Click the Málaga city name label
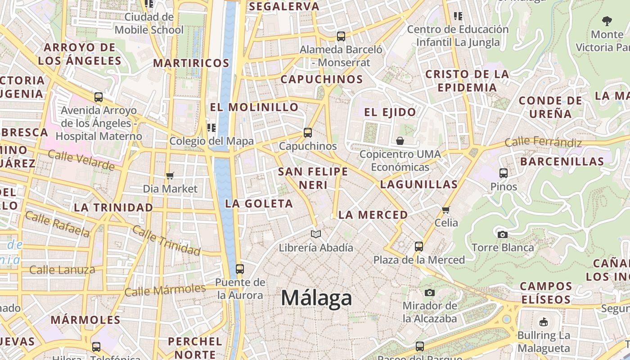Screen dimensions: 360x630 click(316, 298)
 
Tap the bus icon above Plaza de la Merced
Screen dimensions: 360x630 click(419, 246)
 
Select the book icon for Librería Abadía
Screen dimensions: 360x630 click(316, 234)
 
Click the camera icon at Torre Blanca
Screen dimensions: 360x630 click(503, 234)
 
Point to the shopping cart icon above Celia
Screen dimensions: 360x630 click(446, 209)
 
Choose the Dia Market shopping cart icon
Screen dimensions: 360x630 click(170, 175)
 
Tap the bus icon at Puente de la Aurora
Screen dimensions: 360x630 click(240, 269)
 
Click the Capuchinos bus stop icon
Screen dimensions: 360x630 click(308, 133)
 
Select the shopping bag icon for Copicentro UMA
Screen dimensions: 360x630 click(400, 141)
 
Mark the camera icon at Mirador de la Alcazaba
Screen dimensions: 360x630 click(430, 292)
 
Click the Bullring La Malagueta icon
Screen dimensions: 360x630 click(544, 322)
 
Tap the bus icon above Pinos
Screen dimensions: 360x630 click(504, 173)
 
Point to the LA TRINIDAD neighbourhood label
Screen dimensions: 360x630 click(113, 207)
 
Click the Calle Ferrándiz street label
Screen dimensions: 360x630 click(543, 142)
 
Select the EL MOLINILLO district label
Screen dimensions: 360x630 click(254, 107)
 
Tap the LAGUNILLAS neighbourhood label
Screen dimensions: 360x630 click(418, 184)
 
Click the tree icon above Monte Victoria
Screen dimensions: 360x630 click(607, 20)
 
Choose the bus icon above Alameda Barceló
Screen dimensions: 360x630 click(341, 36)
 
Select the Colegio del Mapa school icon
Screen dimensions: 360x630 click(211, 127)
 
